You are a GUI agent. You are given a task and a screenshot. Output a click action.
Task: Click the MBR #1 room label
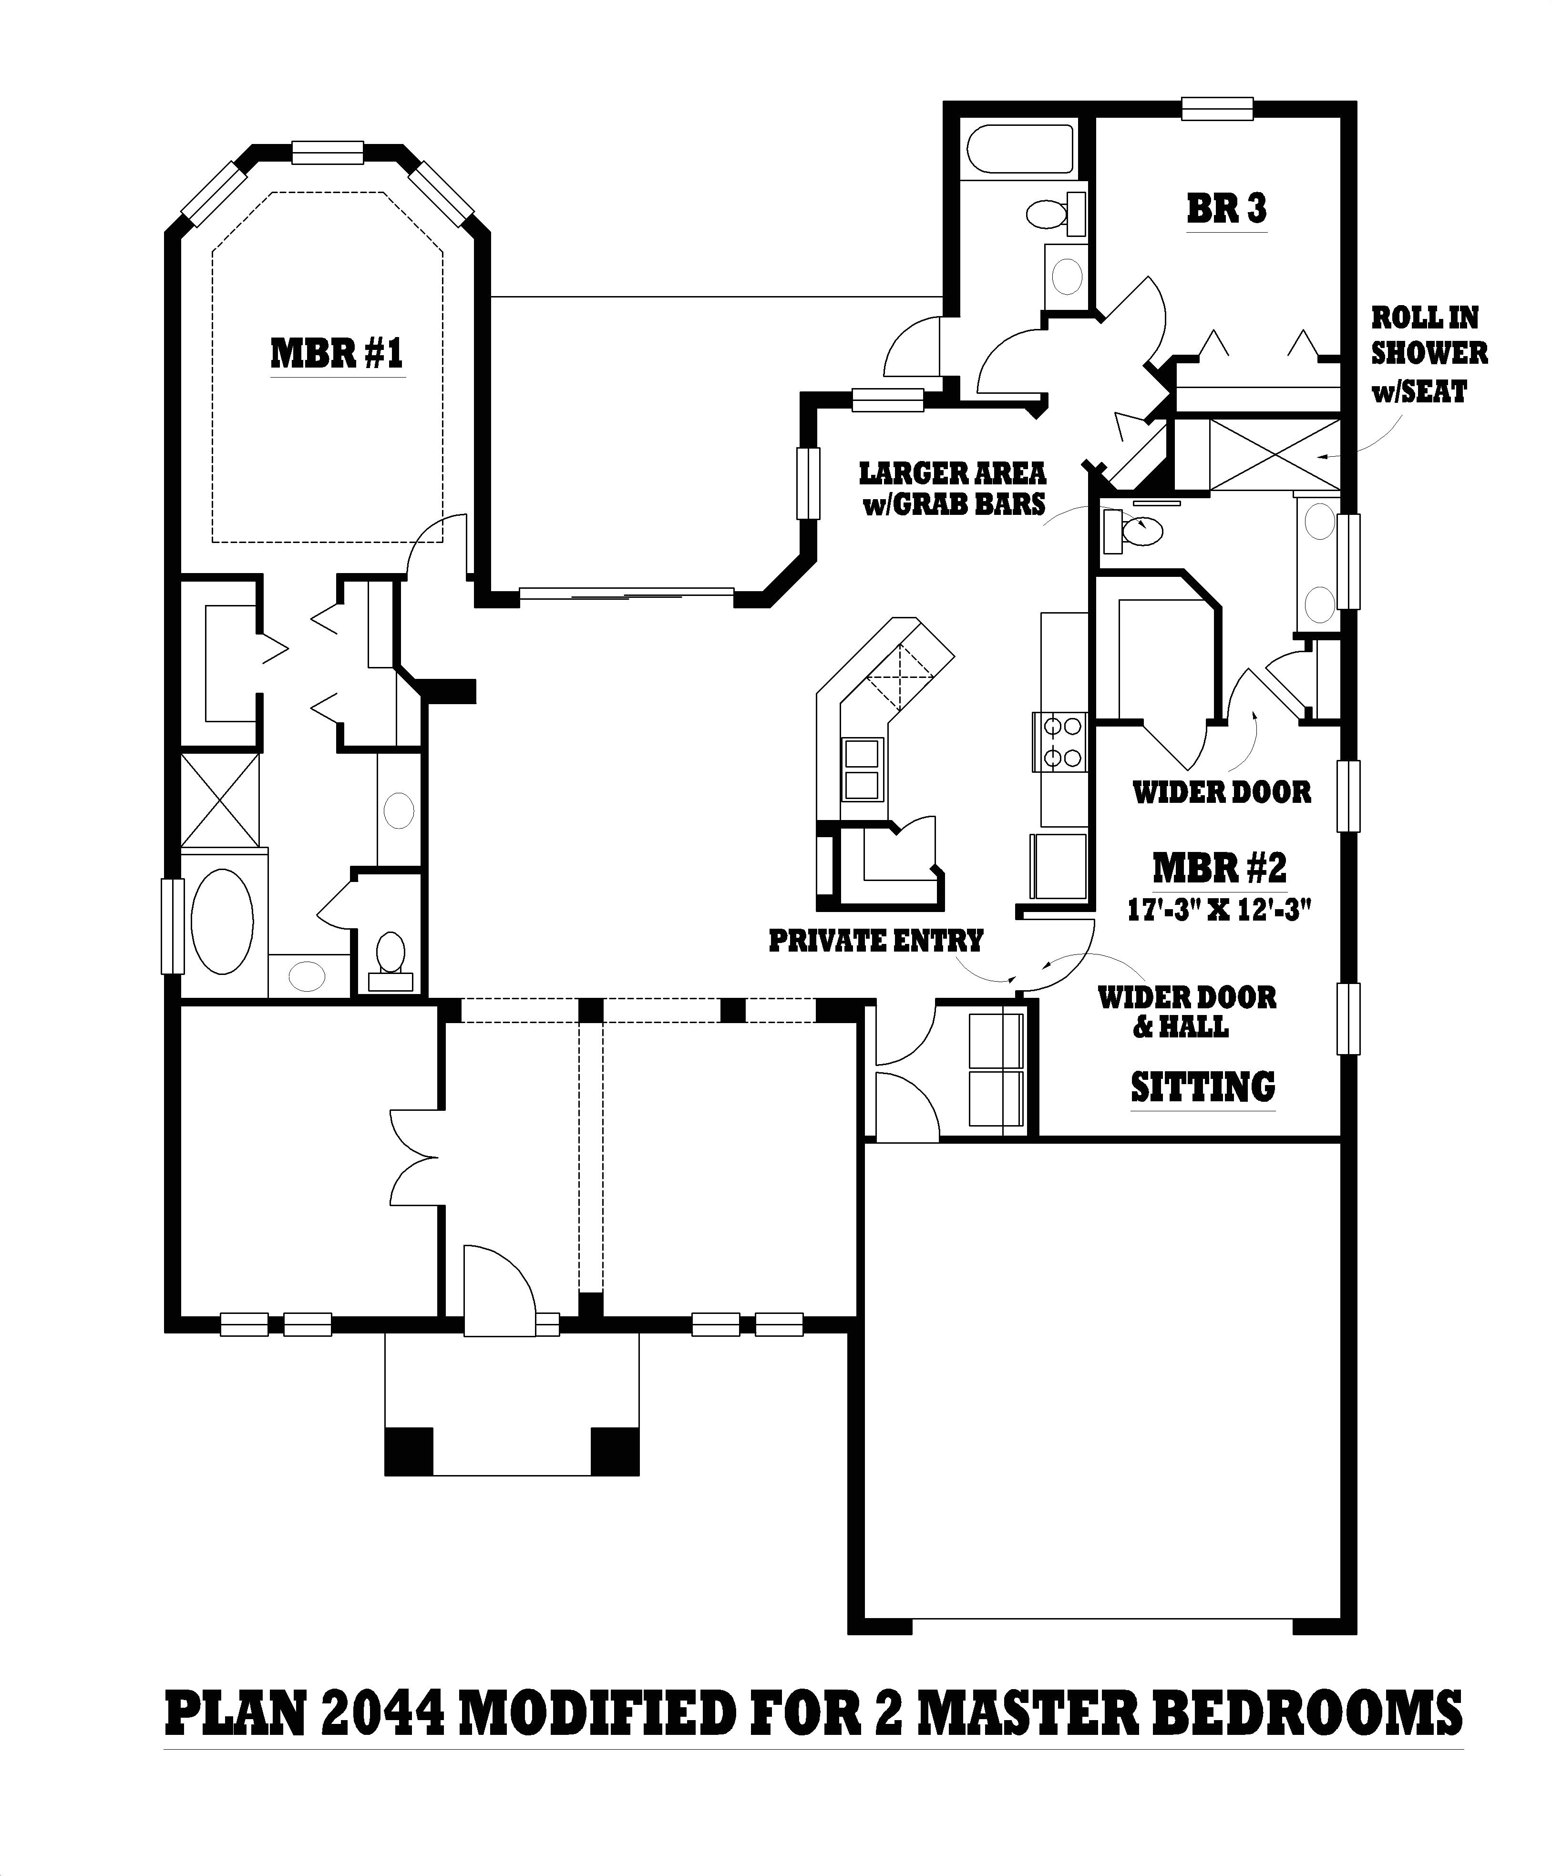coord(336,353)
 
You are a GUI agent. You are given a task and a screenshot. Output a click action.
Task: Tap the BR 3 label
coord(1226,209)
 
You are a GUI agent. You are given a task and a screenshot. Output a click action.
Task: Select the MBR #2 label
coord(1219,867)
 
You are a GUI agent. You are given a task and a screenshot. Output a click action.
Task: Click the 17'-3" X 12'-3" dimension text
coord(1219,910)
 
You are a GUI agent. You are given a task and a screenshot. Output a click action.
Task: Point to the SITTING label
coord(1203,1087)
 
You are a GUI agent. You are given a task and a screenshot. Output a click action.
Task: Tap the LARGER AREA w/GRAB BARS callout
coord(953,488)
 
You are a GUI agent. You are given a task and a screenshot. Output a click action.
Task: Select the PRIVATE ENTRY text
coord(875,941)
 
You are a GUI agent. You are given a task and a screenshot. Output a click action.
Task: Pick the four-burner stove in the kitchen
coord(1059,741)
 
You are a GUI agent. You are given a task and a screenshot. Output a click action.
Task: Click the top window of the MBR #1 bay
coord(328,153)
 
